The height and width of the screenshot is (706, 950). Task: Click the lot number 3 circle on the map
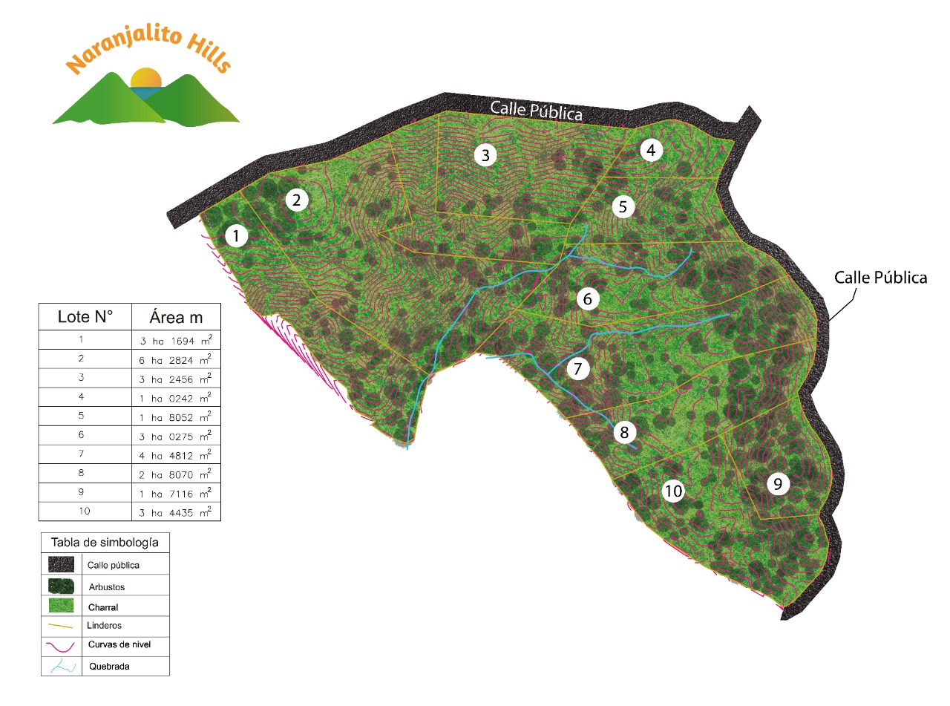485,155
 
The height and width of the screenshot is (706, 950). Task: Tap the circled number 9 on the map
777,484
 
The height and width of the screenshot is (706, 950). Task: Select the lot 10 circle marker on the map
673,491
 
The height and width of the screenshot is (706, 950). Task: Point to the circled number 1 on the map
236,237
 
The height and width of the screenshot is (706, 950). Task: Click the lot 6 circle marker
587,299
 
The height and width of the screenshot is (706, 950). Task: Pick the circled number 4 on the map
651,151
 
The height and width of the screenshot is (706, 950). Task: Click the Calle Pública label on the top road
536,109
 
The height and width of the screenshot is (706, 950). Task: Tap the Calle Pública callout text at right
880,278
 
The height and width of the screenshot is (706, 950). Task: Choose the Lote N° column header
85,317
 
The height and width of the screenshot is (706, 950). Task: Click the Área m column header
177,317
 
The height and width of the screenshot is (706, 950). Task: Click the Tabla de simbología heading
105,543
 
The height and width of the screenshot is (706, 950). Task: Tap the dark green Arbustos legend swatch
61,585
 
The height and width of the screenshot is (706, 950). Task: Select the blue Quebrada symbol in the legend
61,666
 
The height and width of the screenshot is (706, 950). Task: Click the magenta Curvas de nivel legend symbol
61,644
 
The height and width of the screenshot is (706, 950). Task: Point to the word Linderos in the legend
104,626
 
